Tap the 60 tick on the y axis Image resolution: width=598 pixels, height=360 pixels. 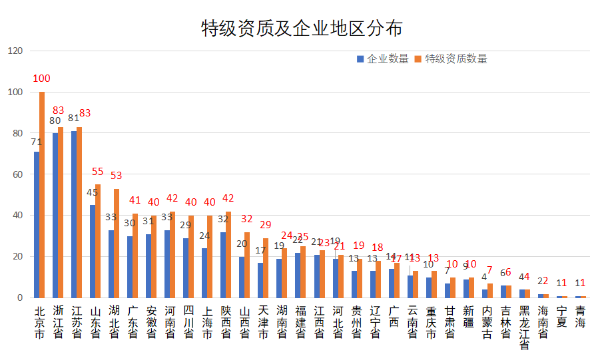click(x=17, y=174)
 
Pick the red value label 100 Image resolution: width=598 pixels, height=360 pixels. click(x=41, y=79)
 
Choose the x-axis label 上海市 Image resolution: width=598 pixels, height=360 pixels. click(x=208, y=322)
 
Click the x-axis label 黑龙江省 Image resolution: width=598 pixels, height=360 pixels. click(x=525, y=327)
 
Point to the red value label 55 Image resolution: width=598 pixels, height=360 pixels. click(x=98, y=171)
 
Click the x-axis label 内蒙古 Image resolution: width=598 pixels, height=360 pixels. click(x=487, y=322)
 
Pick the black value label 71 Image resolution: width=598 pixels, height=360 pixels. click(x=37, y=142)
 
